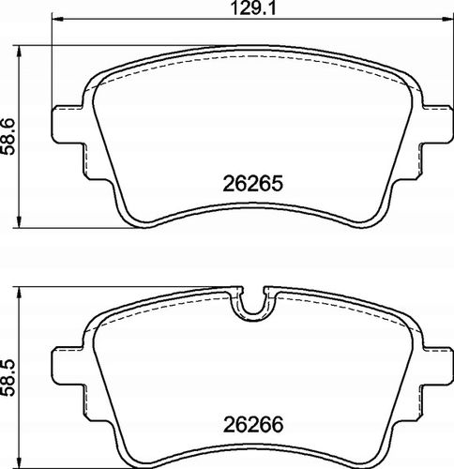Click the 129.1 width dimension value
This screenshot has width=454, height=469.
253,8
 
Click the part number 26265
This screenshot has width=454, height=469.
252,184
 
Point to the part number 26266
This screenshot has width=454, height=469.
253,424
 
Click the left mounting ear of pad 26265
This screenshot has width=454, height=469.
68,125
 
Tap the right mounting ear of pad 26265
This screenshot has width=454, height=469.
437,125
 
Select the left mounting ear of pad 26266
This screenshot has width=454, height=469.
68,366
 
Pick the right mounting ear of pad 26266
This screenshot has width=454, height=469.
437,366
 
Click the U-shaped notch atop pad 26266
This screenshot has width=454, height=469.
253,312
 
